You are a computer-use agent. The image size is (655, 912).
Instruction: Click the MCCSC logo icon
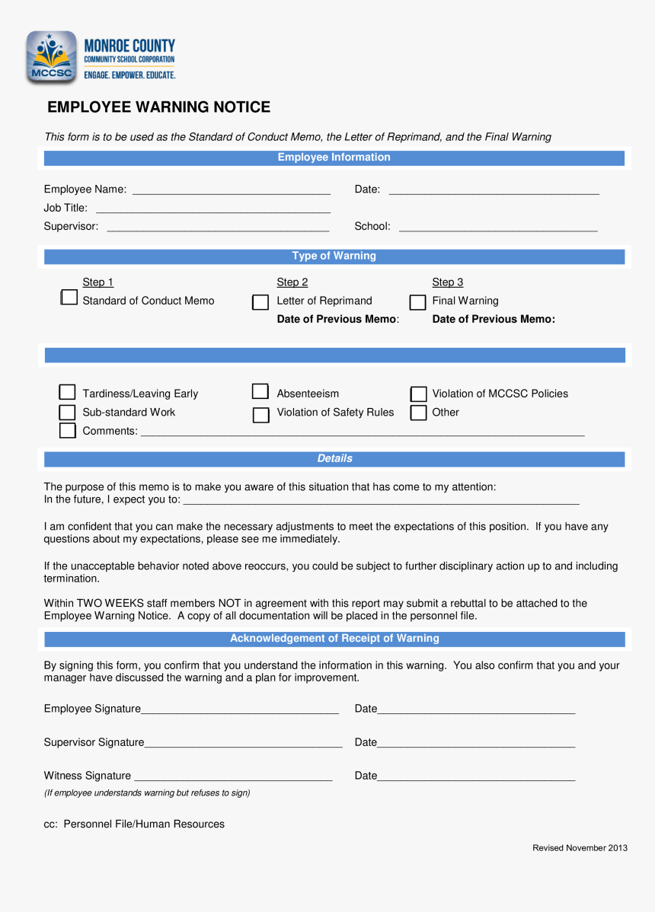(51, 57)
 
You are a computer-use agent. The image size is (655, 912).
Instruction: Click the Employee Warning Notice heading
(158, 107)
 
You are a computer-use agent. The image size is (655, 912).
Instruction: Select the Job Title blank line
(212, 209)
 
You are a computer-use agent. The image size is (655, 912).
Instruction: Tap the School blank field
(498, 227)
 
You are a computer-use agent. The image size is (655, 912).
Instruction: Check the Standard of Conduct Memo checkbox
(69, 298)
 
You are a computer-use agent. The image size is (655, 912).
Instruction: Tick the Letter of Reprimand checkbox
(260, 302)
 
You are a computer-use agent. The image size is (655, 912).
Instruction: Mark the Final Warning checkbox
(417, 302)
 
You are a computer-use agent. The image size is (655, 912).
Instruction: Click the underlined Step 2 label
(292, 282)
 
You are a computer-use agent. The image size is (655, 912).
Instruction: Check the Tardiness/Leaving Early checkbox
(68, 393)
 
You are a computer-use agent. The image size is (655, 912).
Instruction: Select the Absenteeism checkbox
(260, 392)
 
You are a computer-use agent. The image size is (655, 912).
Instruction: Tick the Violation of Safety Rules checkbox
(260, 414)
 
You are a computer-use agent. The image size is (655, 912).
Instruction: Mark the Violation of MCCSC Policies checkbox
(418, 394)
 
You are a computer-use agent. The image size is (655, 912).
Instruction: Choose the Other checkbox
(418, 413)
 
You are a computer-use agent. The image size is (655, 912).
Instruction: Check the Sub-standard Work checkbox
(68, 412)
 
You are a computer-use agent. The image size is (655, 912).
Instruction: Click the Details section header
(334, 459)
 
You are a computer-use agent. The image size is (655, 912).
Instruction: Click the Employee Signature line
(240, 710)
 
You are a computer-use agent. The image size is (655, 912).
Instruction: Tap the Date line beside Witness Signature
(476, 777)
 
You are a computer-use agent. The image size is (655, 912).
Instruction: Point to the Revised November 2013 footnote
(580, 848)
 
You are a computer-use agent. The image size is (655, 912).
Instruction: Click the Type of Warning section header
(334, 257)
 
